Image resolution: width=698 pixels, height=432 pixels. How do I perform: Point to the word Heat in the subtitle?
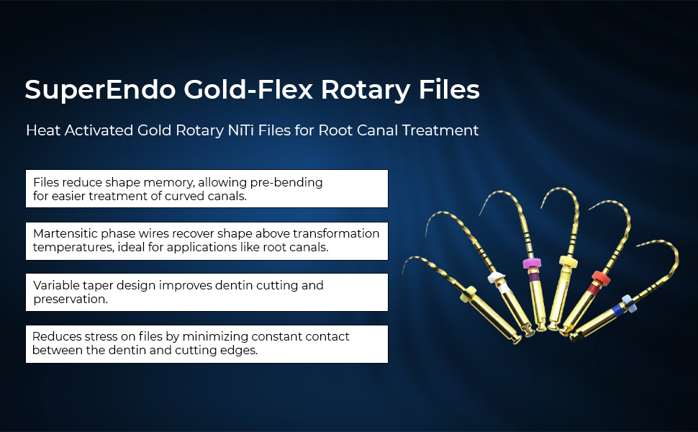tap(42, 130)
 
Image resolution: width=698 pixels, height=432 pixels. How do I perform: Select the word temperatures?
tap(67, 247)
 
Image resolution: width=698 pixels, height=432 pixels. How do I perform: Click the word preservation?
tap(71, 299)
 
